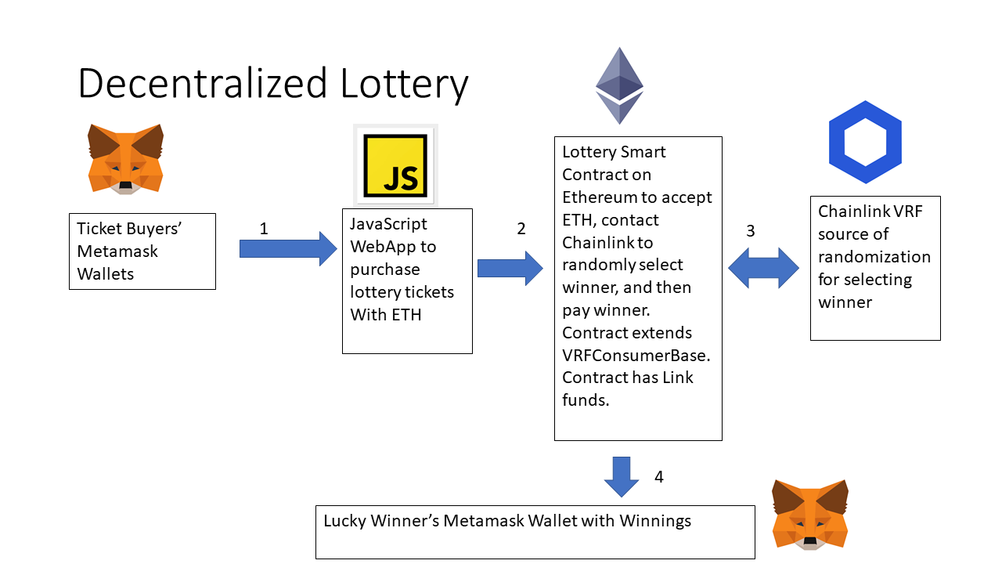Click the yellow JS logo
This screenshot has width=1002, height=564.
click(395, 165)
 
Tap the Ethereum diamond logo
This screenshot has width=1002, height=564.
click(619, 85)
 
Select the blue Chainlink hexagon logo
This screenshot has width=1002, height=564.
click(865, 142)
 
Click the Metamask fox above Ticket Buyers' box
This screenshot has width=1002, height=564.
click(125, 157)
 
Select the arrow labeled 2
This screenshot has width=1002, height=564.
click(510, 269)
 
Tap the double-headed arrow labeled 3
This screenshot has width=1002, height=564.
click(763, 268)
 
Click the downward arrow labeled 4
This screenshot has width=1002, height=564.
click(622, 476)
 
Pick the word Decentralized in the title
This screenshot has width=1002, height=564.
click(203, 83)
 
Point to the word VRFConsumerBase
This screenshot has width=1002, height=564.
click(636, 355)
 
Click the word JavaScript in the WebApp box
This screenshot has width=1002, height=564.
click(388, 224)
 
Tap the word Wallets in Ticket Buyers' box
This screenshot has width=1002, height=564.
click(106, 274)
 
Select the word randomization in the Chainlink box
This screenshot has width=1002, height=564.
click(874, 257)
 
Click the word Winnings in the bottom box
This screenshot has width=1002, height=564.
click(655, 520)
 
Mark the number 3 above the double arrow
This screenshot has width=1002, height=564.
click(751, 231)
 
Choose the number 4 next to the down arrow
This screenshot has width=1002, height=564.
click(659, 476)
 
